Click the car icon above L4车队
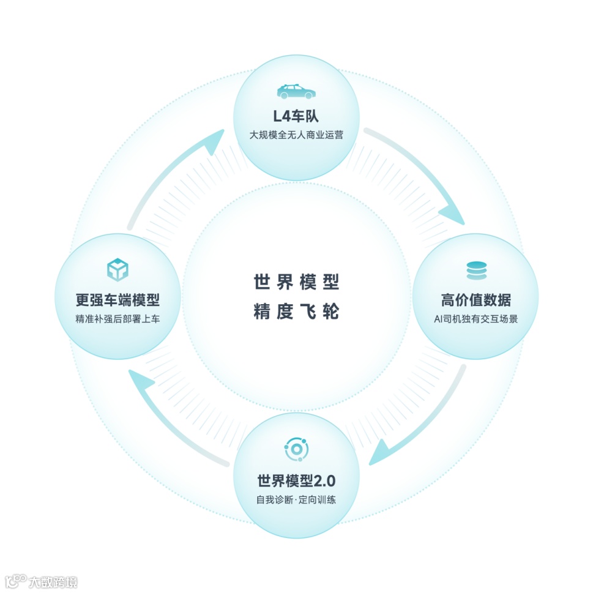point(296,92)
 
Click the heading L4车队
point(296,116)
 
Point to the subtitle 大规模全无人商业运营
point(296,135)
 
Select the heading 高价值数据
point(476,300)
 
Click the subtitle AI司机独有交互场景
point(476,319)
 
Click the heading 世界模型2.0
point(296,480)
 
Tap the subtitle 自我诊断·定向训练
point(296,499)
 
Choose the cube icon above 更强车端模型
point(117,270)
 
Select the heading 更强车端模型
point(117,300)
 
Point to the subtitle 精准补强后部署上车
point(117,319)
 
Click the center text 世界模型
point(296,282)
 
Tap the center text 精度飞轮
point(296,312)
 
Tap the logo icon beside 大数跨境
point(15,580)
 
